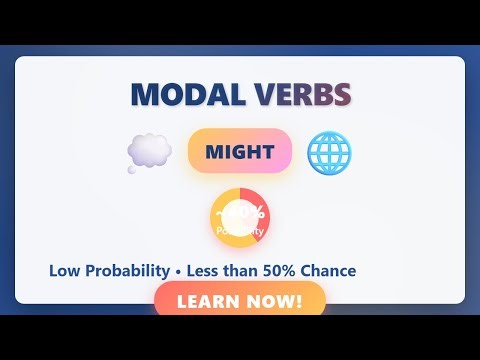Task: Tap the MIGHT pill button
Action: click(x=239, y=152)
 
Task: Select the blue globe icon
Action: click(x=329, y=152)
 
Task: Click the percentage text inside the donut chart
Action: click(x=240, y=212)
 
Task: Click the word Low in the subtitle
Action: click(x=64, y=271)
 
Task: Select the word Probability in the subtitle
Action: click(x=128, y=271)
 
